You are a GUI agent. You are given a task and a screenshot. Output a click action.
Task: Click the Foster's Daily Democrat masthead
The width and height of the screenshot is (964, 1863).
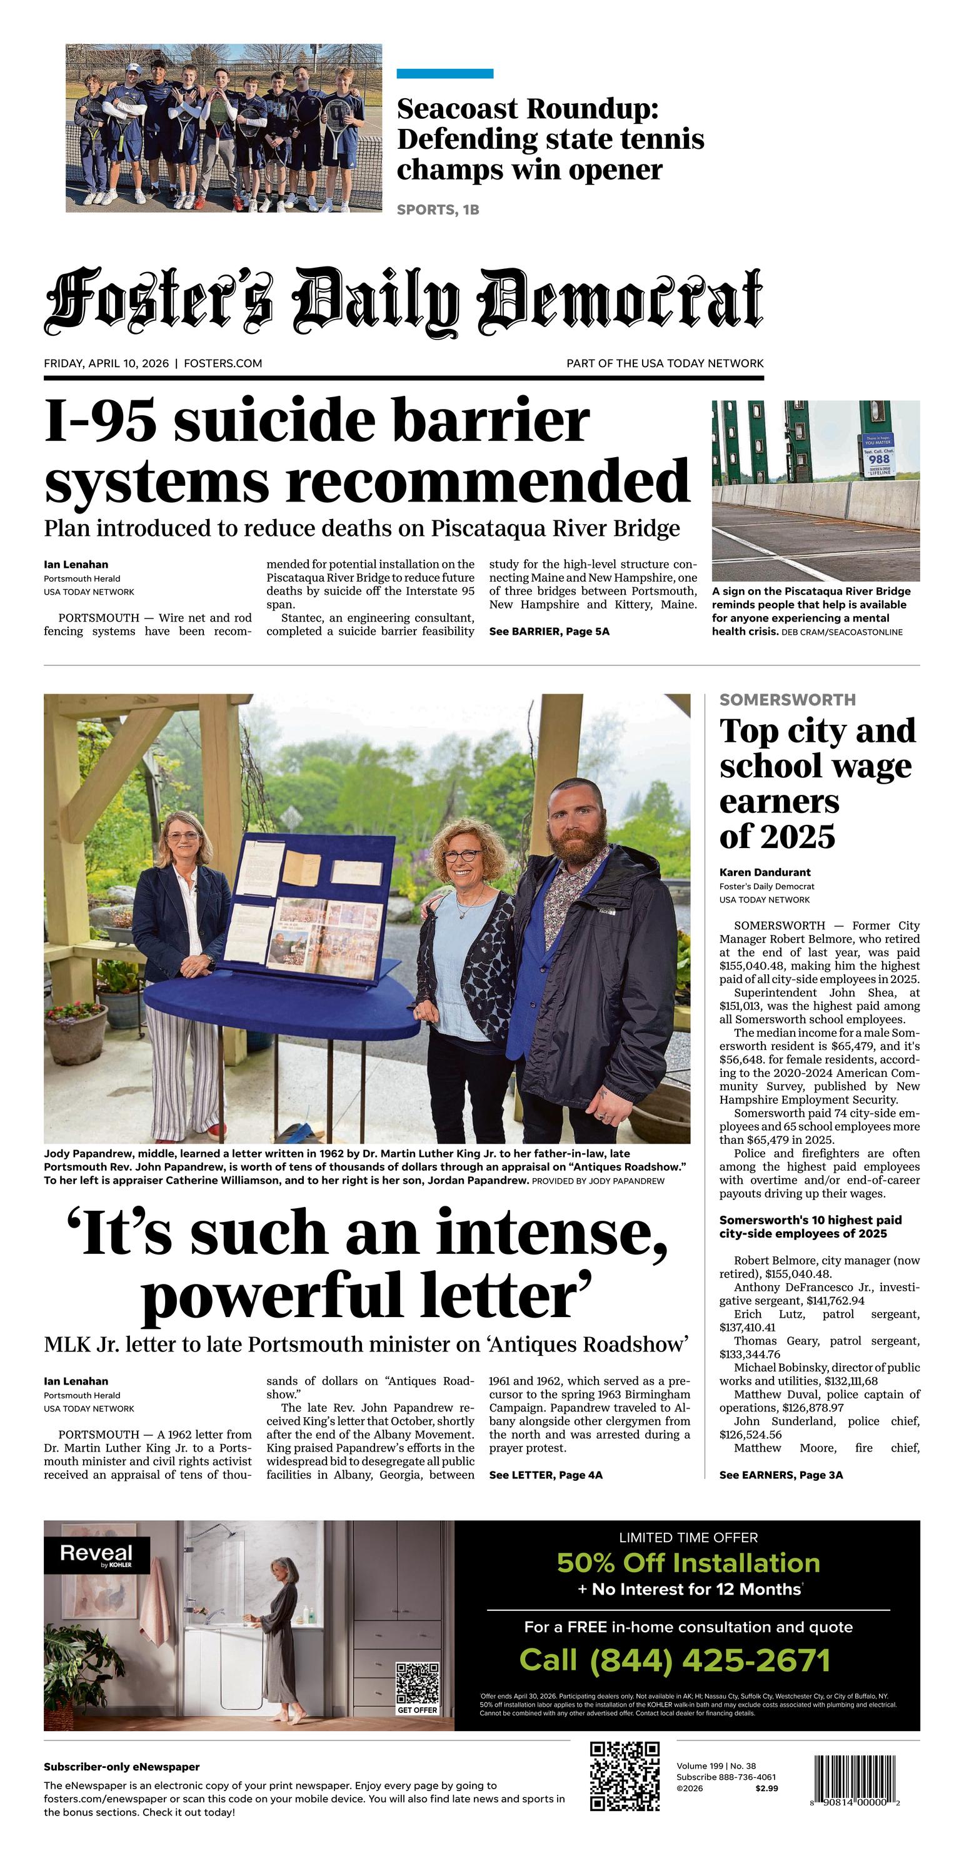403,300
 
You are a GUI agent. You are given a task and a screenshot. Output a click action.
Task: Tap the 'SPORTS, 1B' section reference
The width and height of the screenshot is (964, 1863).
438,210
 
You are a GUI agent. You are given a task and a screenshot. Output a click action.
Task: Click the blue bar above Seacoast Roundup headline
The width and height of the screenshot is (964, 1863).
444,74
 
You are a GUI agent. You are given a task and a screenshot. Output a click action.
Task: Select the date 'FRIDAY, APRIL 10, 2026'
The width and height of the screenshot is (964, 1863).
106,363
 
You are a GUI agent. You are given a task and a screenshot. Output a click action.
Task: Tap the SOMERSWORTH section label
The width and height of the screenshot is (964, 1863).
788,699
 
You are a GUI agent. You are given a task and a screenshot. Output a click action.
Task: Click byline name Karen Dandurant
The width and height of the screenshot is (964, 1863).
765,872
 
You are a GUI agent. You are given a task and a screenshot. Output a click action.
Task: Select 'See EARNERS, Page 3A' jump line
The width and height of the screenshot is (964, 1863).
781,1475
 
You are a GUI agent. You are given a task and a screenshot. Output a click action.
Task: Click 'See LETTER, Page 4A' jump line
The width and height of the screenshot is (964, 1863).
545,1475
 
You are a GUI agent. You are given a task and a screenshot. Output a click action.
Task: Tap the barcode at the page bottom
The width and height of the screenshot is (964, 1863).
854,1781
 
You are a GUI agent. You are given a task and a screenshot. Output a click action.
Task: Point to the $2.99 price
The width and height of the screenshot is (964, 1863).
766,1789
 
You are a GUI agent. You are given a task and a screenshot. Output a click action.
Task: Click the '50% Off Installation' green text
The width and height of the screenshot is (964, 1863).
688,1563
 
